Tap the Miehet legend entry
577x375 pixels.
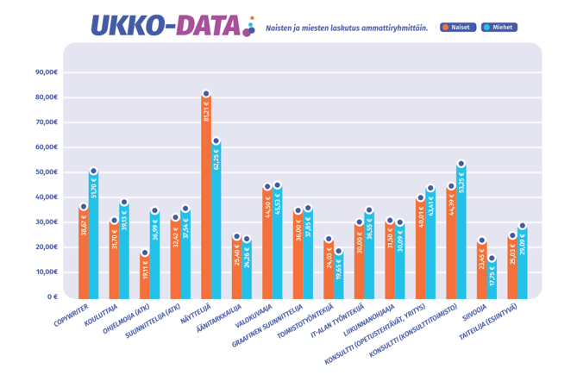coord(497,28)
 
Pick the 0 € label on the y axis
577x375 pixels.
coord(50,297)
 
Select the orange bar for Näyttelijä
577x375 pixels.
coord(206,198)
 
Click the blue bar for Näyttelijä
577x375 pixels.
coord(216,220)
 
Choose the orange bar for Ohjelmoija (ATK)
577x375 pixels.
coord(145,276)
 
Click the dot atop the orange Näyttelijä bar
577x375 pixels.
coord(206,94)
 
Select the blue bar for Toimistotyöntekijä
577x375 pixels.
coord(338,276)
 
